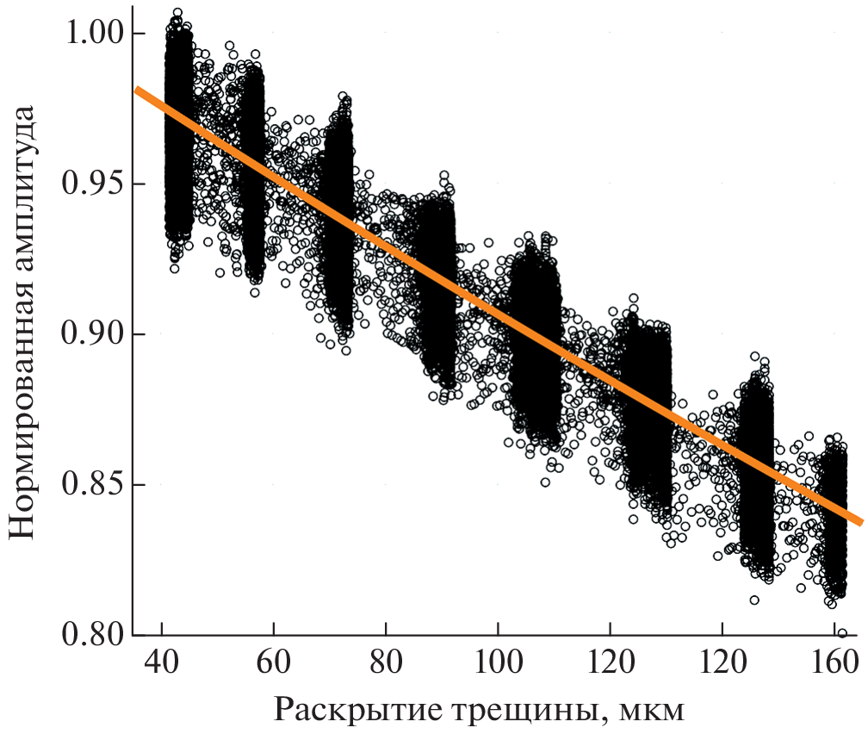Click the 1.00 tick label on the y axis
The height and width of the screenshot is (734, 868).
92,34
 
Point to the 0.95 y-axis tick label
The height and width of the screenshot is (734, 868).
92,184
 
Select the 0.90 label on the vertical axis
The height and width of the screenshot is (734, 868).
92,334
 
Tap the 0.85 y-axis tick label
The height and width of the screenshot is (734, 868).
92,484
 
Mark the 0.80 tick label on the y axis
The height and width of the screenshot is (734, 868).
92,634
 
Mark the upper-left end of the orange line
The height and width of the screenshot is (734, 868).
136,90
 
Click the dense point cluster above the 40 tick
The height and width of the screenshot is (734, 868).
178,129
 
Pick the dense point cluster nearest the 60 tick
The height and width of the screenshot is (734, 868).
253,172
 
